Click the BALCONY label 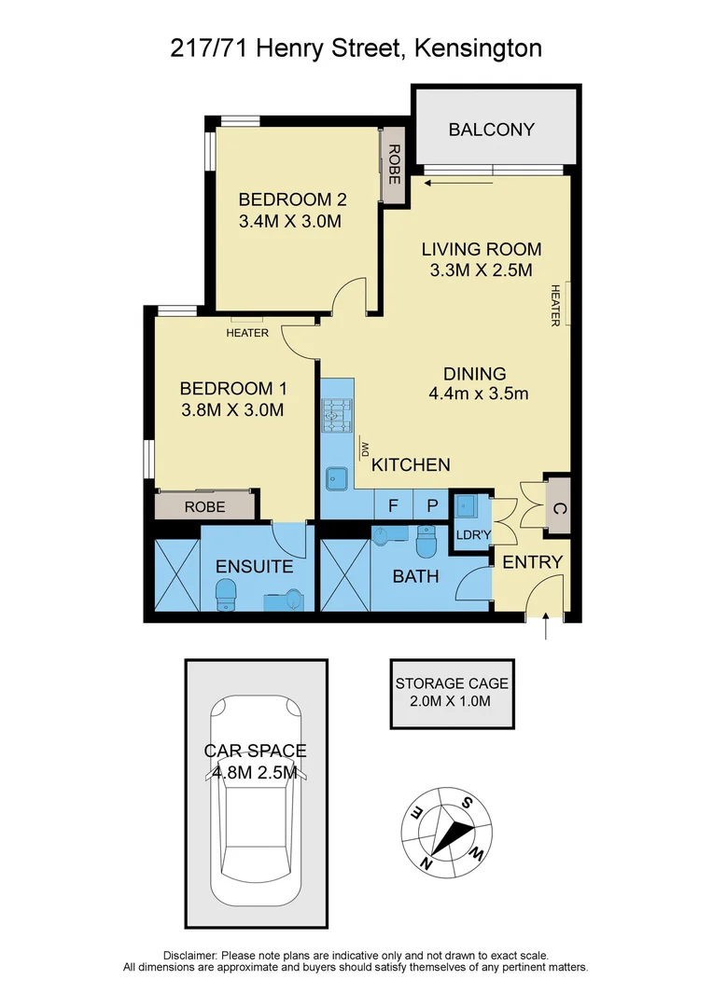click(x=491, y=130)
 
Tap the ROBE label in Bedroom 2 click(x=394, y=164)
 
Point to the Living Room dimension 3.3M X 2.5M click(x=482, y=271)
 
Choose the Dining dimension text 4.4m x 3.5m click(x=479, y=393)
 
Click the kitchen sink click(x=335, y=479)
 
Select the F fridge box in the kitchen click(x=393, y=505)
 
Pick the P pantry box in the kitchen click(x=431, y=505)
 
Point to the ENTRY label click(x=532, y=562)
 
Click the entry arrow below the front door click(x=546, y=631)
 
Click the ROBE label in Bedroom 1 click(x=204, y=507)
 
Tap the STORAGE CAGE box click(x=452, y=693)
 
